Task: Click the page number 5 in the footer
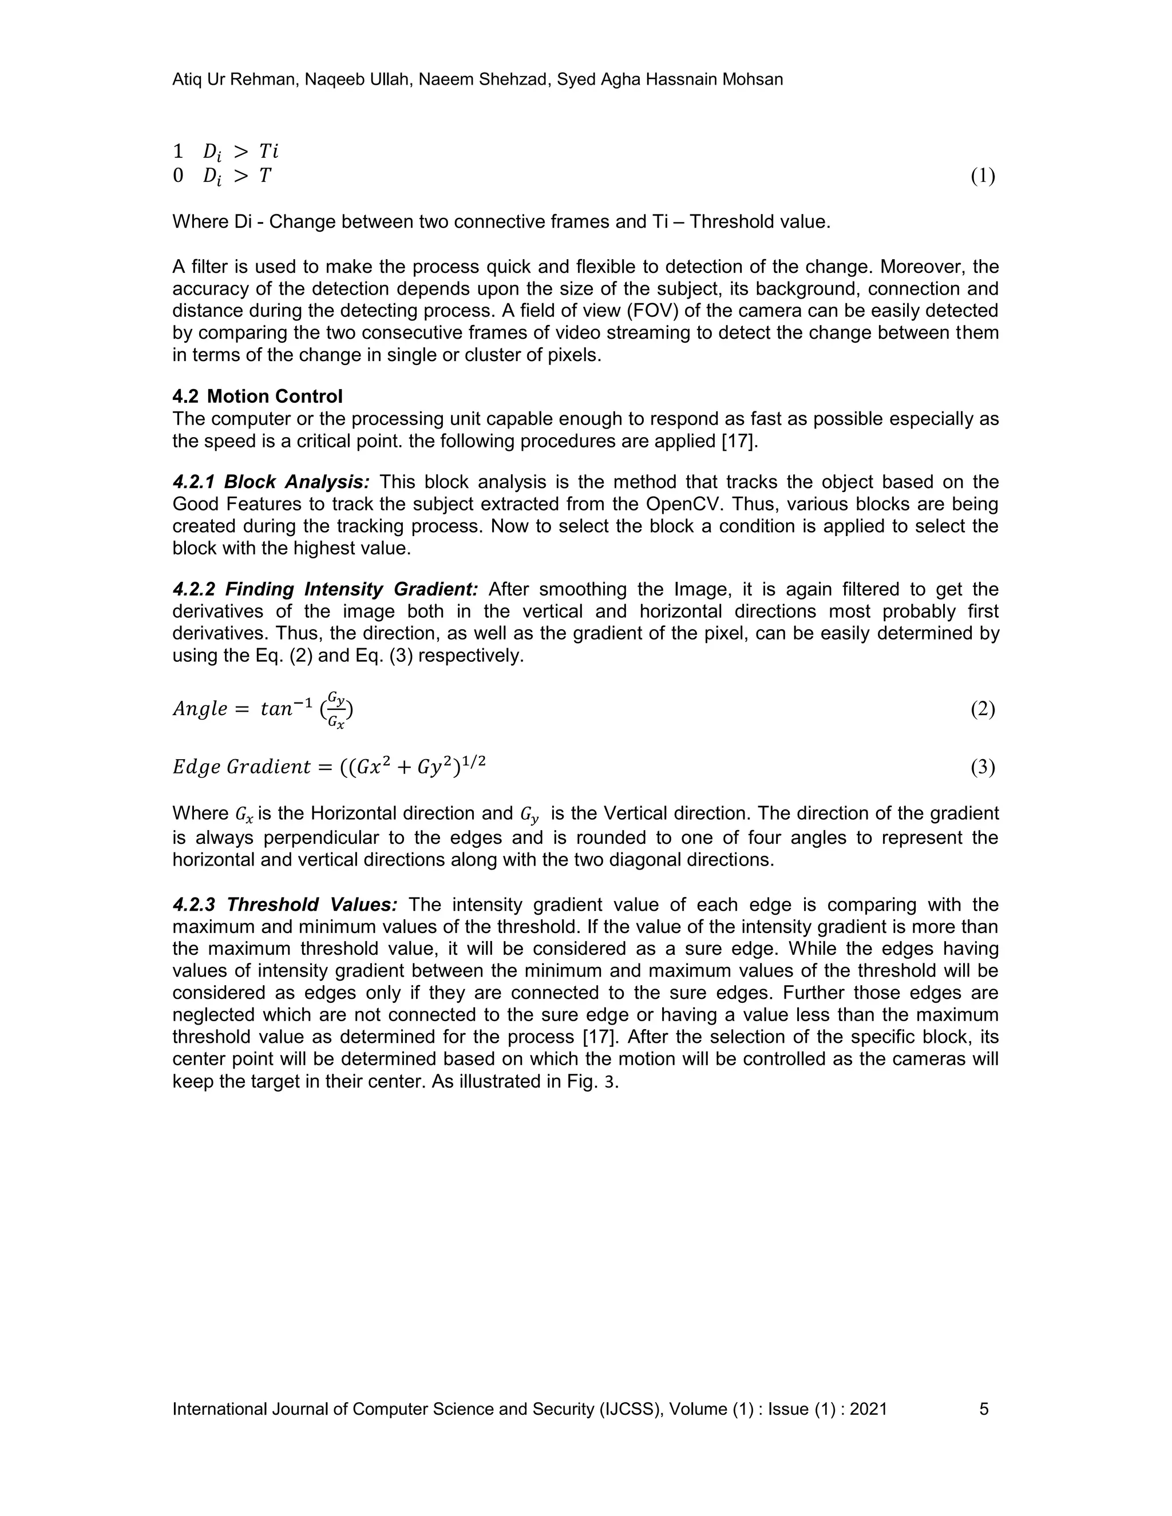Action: pyautogui.click(x=984, y=1408)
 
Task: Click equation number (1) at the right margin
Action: pyautogui.click(x=983, y=176)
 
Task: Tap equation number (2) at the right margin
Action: pyautogui.click(x=983, y=709)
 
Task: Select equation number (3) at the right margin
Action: pyautogui.click(x=983, y=767)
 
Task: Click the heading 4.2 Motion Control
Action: pyautogui.click(x=258, y=396)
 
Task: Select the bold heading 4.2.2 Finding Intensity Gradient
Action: pyautogui.click(x=325, y=589)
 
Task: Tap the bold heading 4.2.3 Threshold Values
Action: pyautogui.click(x=284, y=904)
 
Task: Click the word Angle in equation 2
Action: pyautogui.click(x=200, y=709)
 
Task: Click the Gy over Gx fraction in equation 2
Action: pyautogui.click(x=336, y=709)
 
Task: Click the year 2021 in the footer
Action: pyautogui.click(x=868, y=1408)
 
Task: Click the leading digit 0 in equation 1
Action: pyautogui.click(x=179, y=176)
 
